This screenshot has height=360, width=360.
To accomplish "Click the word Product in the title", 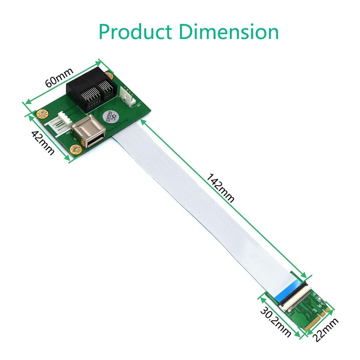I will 135,32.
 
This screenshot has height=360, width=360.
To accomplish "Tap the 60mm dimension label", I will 59,78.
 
